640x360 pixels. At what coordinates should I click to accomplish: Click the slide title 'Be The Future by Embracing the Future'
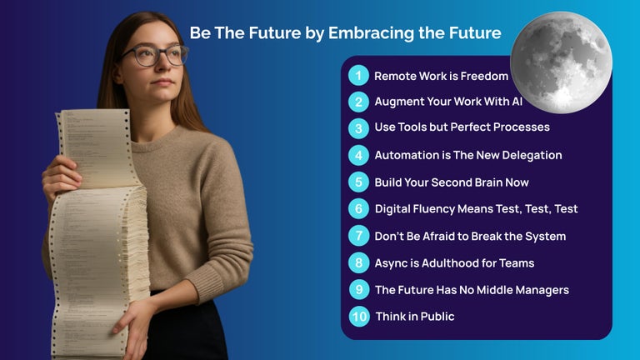(x=345, y=33)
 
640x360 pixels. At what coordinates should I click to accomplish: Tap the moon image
(x=561, y=62)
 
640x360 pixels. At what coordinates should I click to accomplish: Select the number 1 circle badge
(x=358, y=76)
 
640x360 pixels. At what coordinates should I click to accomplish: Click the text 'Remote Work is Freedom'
(x=441, y=76)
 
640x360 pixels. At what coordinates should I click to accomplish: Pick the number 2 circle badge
(x=358, y=102)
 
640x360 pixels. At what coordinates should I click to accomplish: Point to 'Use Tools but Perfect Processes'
(x=462, y=128)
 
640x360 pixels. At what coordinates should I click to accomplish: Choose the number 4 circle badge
(x=358, y=155)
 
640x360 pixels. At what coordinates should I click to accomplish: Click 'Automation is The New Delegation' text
(x=467, y=155)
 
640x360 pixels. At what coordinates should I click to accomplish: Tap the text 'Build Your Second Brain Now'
(x=451, y=182)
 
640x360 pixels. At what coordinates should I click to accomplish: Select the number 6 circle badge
(x=358, y=208)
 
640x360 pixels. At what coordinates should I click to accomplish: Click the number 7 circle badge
(x=358, y=236)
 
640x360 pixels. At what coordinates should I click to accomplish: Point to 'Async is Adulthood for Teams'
(x=454, y=263)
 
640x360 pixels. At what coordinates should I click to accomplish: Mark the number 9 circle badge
(x=359, y=290)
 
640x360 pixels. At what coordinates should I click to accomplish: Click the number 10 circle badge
(x=359, y=317)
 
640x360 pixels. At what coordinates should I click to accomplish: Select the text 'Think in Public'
(x=414, y=317)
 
